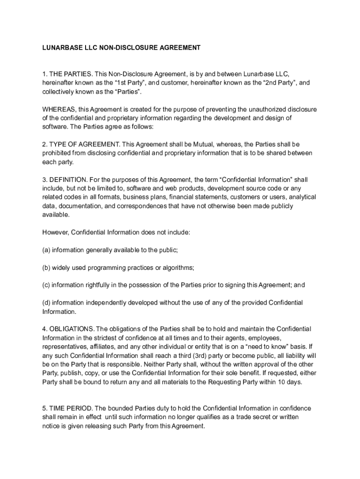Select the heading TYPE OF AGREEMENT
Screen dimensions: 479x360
(83, 145)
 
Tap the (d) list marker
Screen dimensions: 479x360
(46, 303)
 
